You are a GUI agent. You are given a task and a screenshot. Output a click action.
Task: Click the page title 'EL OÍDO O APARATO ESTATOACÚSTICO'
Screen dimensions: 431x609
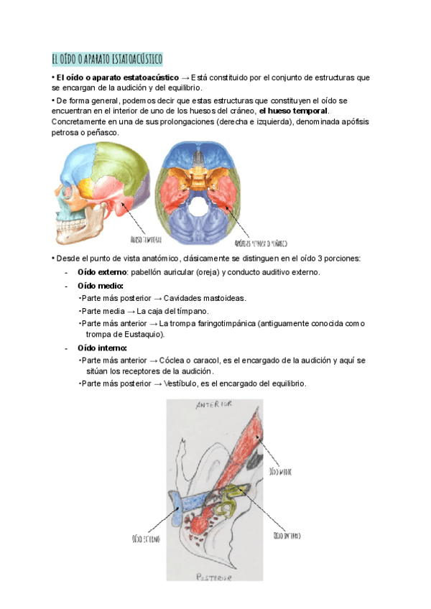tap(108, 58)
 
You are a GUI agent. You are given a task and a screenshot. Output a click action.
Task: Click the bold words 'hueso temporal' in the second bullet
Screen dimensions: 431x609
tap(294, 111)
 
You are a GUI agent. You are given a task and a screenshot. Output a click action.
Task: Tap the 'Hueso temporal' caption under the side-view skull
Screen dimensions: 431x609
tap(145, 238)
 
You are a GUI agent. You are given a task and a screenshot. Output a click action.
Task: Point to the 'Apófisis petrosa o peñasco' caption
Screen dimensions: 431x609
tap(256, 242)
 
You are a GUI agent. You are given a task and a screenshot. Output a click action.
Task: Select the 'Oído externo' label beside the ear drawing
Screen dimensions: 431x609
tap(145, 538)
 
